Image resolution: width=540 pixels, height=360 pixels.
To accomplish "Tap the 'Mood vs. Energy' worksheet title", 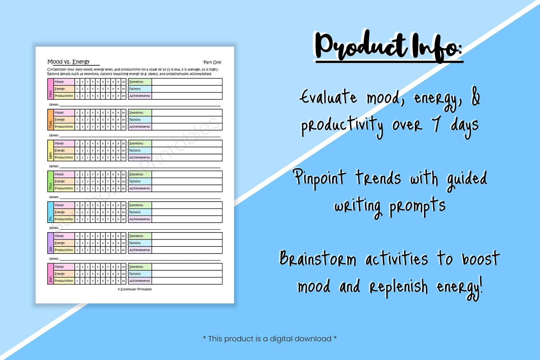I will pyautogui.click(x=69, y=62).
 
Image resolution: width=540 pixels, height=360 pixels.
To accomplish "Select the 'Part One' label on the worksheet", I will pyautogui.click(x=212, y=62).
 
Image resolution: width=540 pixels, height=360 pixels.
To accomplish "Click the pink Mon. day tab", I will pyautogui.click(x=50, y=89).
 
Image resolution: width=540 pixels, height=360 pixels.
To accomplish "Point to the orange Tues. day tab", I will pyautogui.click(x=50, y=120).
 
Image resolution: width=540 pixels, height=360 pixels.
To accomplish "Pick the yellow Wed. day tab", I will pyautogui.click(x=50, y=151).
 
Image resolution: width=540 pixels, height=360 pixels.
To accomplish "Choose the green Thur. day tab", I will pyautogui.click(x=50, y=181).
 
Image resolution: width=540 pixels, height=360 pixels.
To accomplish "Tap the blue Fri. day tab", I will pyautogui.click(x=50, y=212).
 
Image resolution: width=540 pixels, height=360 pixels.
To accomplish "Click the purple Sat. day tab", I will pyautogui.click(x=50, y=243).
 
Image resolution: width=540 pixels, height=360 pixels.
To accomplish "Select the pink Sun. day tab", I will pyautogui.click(x=50, y=274).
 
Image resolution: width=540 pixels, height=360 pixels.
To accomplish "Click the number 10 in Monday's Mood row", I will pyautogui.click(x=123, y=82).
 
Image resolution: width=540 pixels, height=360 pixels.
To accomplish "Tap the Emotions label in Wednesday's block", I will pyautogui.click(x=136, y=143).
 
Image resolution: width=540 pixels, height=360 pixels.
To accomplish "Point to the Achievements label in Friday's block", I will pyautogui.click(x=140, y=219).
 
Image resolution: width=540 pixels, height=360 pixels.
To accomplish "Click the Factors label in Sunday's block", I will pyautogui.click(x=135, y=274).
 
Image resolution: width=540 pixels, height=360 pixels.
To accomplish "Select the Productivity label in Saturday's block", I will pyautogui.click(x=64, y=250).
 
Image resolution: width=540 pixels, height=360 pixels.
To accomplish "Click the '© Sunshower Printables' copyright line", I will pyautogui.click(x=135, y=289).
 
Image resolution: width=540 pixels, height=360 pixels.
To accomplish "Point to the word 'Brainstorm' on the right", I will pyautogui.click(x=318, y=259).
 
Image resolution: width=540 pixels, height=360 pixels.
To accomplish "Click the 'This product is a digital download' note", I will pyautogui.click(x=270, y=339).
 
